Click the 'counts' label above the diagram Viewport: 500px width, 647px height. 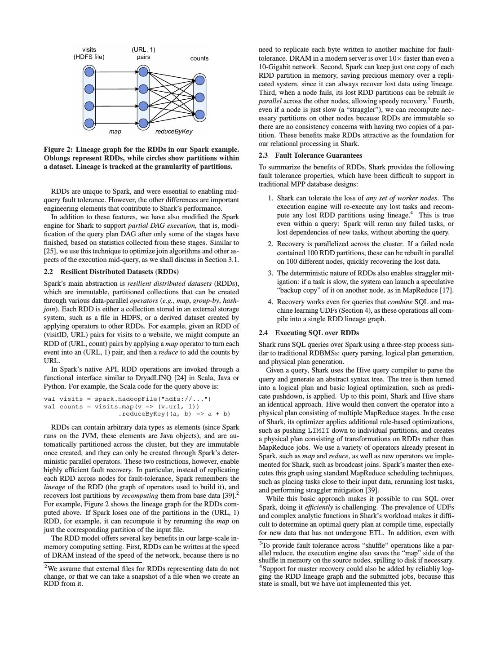click(x=199, y=58)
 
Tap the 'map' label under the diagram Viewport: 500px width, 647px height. click(x=115, y=132)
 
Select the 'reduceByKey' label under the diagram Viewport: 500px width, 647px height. click(x=173, y=132)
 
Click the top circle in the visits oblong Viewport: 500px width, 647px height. click(x=89, y=72)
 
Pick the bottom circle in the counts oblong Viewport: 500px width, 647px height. click(x=200, y=115)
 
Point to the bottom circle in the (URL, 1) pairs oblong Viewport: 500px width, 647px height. click(x=143, y=123)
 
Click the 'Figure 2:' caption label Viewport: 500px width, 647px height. click(x=58, y=150)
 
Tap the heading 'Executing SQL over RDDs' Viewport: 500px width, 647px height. click(x=317, y=333)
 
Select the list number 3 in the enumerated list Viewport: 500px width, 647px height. click(x=270, y=273)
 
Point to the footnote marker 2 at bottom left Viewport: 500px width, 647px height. click(x=46, y=567)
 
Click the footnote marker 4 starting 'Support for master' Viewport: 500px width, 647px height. click(x=261, y=567)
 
